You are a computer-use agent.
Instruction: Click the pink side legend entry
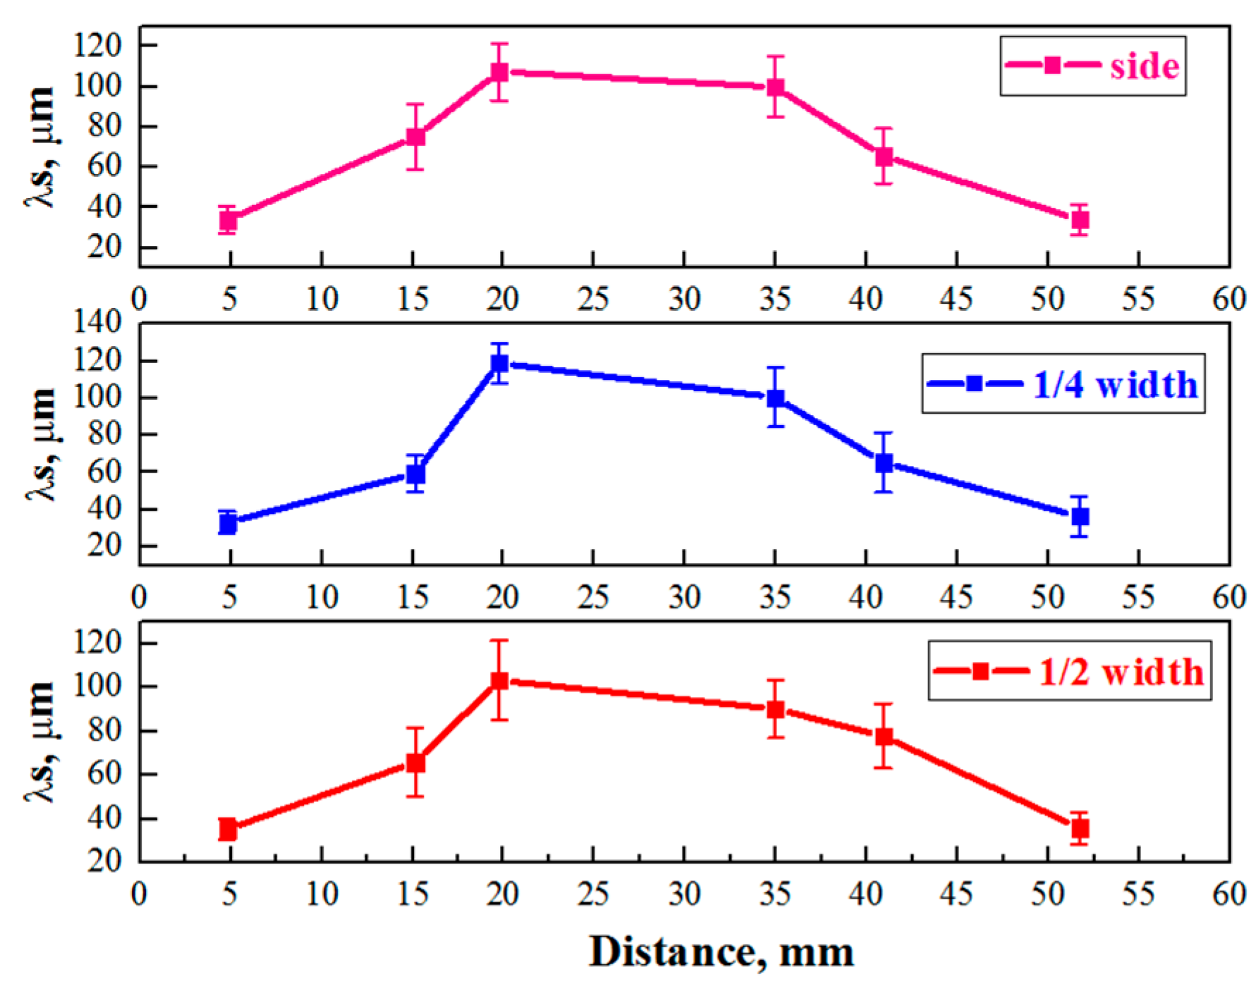1092,66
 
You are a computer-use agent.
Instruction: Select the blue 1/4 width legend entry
1063,384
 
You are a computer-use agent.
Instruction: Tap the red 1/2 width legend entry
1069,671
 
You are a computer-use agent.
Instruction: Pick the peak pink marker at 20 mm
499,72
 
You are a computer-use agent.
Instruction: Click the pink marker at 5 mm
228,221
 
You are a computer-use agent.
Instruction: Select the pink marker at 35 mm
775,87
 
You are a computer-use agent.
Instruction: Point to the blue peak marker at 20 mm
499,364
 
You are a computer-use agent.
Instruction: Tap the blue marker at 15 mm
415,474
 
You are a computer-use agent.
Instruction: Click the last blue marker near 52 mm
1080,517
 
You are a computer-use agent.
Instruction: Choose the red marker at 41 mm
884,737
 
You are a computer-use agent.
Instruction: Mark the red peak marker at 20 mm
499,681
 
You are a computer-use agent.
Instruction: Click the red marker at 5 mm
228,830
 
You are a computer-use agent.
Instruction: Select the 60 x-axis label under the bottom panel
1228,894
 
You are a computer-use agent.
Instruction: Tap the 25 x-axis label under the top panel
592,300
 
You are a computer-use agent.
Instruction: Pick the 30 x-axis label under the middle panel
683,598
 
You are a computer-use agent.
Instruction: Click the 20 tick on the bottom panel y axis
104,861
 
